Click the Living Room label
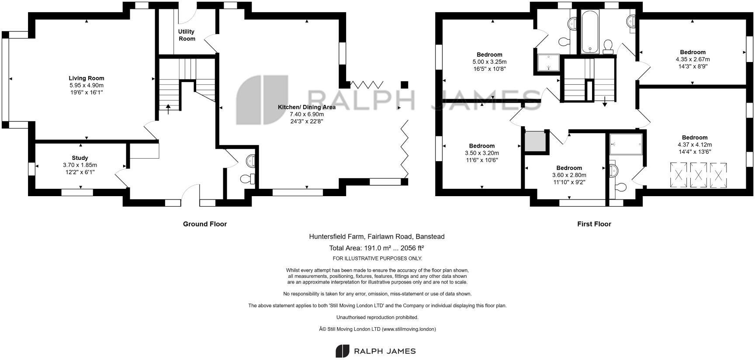86,78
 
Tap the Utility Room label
187,35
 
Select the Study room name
80,158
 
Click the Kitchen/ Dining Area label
307,107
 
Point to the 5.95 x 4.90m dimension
86,86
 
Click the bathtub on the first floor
589,31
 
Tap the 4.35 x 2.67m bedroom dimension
693,59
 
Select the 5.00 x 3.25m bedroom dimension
489,62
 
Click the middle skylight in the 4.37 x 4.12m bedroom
698,175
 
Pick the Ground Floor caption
204,224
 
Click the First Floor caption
594,224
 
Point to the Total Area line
376,248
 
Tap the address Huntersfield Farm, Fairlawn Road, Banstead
377,236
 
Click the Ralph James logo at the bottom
376,351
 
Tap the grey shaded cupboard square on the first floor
535,141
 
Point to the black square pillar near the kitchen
404,84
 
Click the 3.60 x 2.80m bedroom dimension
569,175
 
